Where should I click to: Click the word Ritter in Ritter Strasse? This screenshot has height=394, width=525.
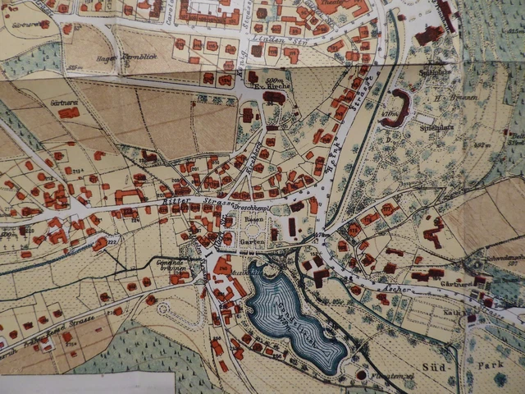click(x=179, y=199)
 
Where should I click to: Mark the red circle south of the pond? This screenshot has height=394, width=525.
click(x=362, y=375)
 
